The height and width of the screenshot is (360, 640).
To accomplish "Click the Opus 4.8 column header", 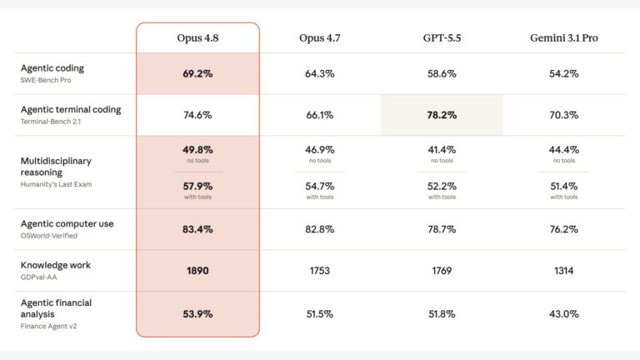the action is [x=197, y=38].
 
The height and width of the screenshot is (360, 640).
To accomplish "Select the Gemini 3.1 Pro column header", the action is [x=563, y=38].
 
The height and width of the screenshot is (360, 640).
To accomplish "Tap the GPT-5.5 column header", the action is [x=442, y=38].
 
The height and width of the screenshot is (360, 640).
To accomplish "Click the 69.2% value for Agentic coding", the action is [x=197, y=74].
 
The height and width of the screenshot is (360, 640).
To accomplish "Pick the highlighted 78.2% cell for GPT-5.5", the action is [x=442, y=115].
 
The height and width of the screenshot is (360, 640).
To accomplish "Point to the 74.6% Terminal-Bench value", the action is [x=197, y=115].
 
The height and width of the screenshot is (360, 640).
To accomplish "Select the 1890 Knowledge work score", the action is [x=197, y=271].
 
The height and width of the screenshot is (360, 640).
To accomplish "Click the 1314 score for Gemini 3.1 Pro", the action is [x=563, y=271].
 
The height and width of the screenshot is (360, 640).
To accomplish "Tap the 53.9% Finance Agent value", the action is [x=197, y=314].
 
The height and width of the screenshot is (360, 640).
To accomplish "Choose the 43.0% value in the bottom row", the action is [x=563, y=314].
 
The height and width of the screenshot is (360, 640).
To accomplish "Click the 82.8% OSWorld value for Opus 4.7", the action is [x=320, y=229].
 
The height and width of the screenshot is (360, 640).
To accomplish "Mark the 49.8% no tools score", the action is [x=197, y=150].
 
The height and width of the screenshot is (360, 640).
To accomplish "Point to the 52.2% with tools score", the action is [x=442, y=186].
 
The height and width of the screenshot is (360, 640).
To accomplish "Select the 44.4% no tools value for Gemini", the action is [x=563, y=150].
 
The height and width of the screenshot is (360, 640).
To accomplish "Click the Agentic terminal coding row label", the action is [x=71, y=109].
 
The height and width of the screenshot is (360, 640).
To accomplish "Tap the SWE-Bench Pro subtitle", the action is [x=46, y=80].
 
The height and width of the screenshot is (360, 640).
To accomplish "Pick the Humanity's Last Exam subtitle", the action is [x=56, y=184].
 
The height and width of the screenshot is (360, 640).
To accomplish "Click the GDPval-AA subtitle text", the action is [x=39, y=277].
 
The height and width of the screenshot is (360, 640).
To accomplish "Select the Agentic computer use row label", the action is [x=67, y=223].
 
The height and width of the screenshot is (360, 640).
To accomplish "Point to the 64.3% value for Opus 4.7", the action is [x=320, y=74].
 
